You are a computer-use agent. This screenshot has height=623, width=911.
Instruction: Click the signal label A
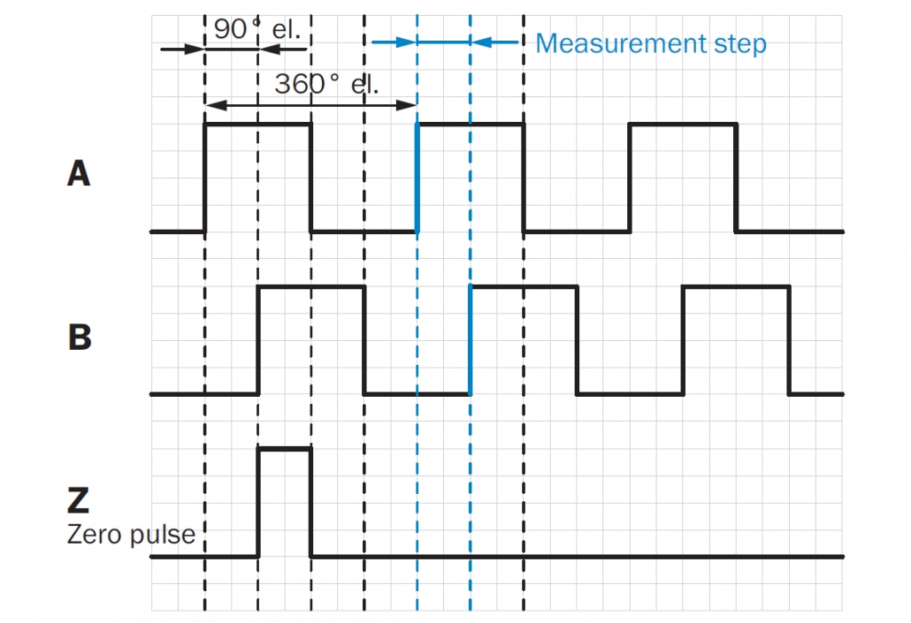[79, 173]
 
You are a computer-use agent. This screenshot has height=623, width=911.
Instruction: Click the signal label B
[80, 337]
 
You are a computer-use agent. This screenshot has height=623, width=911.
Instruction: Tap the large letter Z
[79, 500]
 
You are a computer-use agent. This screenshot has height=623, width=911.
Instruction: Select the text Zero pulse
[131, 535]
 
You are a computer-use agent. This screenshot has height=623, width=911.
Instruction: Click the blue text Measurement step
[651, 43]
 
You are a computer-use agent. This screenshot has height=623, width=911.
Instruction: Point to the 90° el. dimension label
[257, 29]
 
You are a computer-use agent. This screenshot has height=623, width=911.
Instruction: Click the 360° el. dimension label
[326, 84]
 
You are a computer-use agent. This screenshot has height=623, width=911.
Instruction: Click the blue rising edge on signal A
[417, 178]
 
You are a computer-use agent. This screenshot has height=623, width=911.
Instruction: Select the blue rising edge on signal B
[470, 340]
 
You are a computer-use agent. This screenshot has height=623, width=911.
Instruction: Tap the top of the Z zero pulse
[285, 449]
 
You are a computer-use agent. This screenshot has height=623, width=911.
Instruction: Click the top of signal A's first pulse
[258, 124]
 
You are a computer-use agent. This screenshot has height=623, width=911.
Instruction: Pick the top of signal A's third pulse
[683, 124]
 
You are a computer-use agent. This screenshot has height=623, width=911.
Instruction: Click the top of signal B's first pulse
[311, 286]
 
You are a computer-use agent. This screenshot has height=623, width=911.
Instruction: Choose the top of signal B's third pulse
[737, 286]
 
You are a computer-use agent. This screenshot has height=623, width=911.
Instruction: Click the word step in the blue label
[740, 45]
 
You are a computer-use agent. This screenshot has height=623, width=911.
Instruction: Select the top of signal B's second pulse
[524, 286]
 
